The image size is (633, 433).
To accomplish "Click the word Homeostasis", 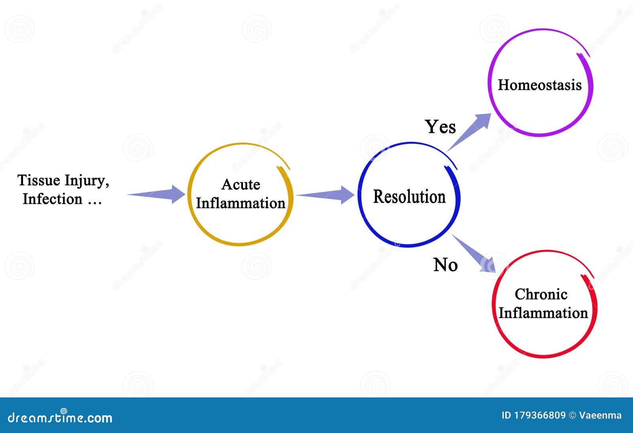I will coord(540,85).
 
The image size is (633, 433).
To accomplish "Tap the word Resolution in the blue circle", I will coord(409,197).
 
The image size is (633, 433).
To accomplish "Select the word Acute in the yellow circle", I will coord(241,184).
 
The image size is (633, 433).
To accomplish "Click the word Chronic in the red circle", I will coord(541,294).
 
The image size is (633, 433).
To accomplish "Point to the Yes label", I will coord(440,127).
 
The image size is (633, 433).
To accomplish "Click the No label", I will coord(445,265).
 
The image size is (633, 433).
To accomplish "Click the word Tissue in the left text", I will coord(39,181).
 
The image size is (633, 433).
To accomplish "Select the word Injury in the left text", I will coord(86,181).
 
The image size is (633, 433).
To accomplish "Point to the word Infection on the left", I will coord(52,199).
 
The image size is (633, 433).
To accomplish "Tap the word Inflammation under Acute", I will coord(241,203).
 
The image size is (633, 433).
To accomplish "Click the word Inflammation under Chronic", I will coord(543,313).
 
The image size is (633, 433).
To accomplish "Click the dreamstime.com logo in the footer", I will coord(60,417).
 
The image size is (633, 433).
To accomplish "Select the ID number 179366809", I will coord(539,415).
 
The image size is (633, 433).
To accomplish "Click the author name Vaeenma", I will coord(600,415).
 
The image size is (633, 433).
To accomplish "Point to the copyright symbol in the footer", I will coord(572,415).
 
